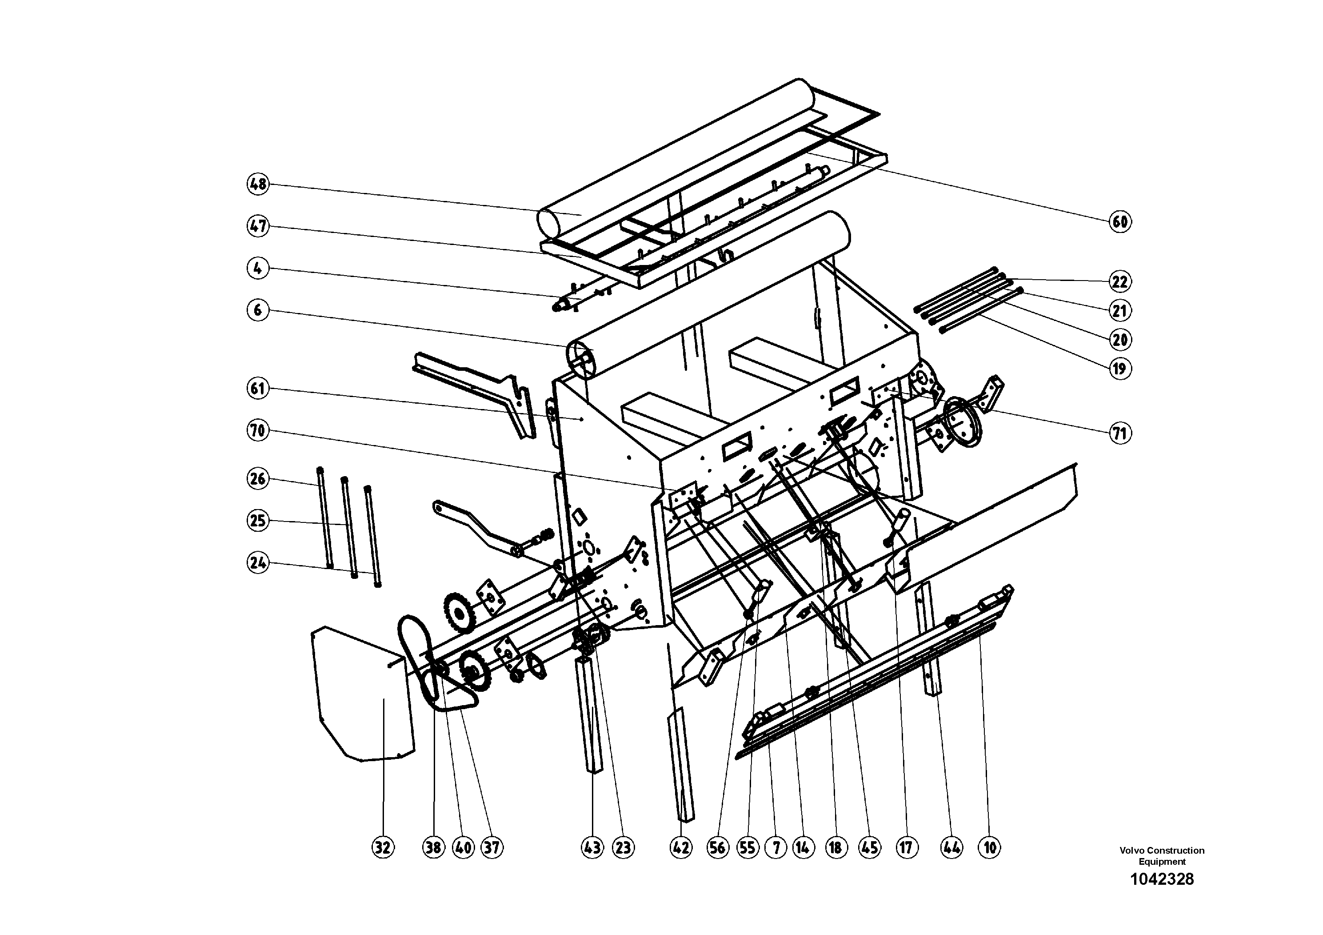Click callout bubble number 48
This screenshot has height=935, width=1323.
(258, 184)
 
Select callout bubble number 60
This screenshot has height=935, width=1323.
(1119, 221)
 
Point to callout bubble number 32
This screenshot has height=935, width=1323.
(383, 847)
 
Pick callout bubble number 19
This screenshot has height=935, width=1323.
(1119, 368)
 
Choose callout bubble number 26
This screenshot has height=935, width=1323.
(258, 478)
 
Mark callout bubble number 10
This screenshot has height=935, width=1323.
(989, 847)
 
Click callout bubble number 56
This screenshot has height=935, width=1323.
(717, 847)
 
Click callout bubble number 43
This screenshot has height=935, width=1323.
(592, 847)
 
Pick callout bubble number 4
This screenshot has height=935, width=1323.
(258, 268)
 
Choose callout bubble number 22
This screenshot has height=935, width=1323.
(1119, 281)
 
